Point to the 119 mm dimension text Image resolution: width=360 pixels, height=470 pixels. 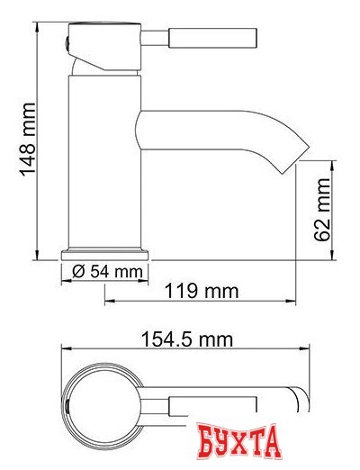(203, 291)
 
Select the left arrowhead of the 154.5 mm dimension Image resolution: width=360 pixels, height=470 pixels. (62, 350)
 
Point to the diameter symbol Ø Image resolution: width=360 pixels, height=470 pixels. (77, 271)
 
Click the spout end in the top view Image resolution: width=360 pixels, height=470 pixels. (297, 396)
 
